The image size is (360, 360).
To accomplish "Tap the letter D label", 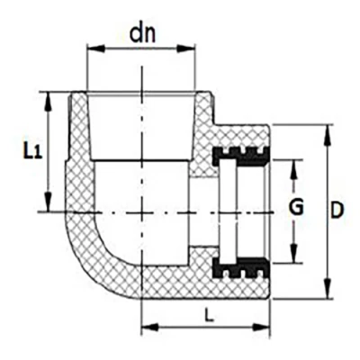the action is pos(337,211).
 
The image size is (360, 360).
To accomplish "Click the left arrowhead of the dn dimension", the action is pos(95,49).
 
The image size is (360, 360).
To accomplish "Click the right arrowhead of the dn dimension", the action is pos(186,49).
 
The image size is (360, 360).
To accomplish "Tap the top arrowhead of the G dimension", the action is pos(294,168).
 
